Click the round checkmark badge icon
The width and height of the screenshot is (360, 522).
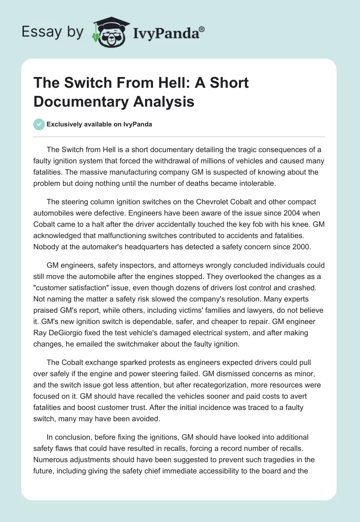tap(40, 124)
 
